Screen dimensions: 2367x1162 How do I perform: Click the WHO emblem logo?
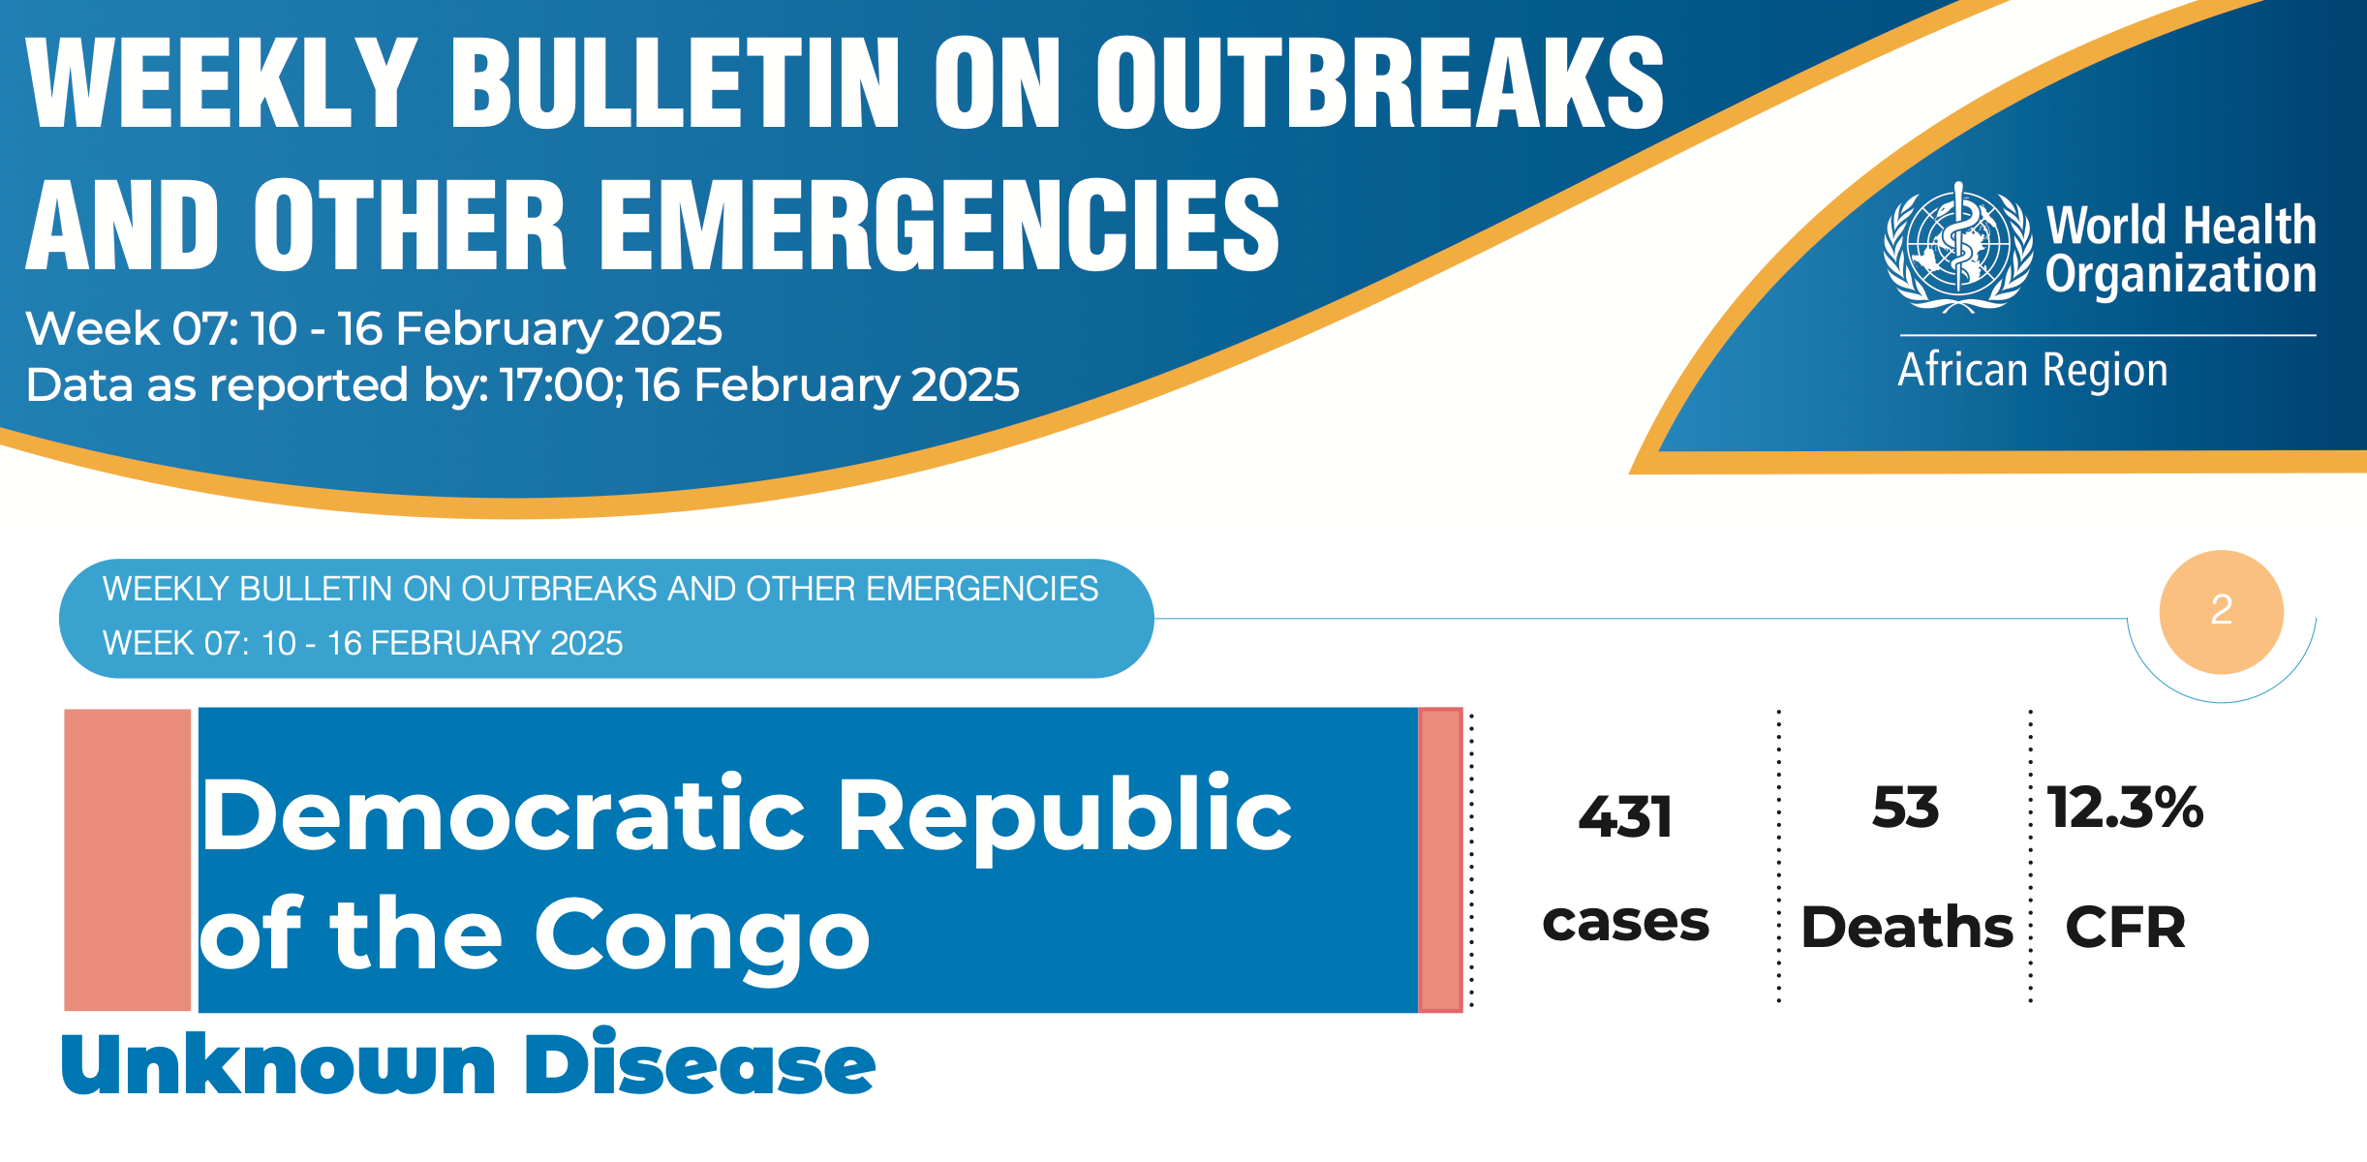point(1957,247)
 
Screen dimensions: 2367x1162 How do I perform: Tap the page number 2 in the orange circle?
point(2222,610)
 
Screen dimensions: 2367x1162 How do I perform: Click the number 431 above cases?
point(1625,816)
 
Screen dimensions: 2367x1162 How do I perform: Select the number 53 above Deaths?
point(1905,808)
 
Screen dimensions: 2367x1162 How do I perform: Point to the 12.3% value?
point(2125,808)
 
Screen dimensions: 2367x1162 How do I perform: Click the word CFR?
point(2125,928)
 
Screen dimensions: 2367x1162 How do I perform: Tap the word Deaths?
point(1907,928)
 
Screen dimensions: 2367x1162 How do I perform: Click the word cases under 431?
point(1626,922)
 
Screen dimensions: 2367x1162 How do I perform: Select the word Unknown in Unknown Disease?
point(279,1064)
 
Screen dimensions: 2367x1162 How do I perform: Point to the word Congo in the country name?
point(702,934)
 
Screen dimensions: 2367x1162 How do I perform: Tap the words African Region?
point(2033,371)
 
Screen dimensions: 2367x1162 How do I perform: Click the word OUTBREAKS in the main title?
point(1379,83)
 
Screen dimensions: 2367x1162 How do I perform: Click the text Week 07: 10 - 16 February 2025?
point(374,329)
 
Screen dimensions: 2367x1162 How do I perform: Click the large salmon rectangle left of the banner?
point(128,860)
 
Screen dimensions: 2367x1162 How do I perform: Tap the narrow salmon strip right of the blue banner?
point(1440,860)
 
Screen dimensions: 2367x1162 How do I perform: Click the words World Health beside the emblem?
point(2181,226)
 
